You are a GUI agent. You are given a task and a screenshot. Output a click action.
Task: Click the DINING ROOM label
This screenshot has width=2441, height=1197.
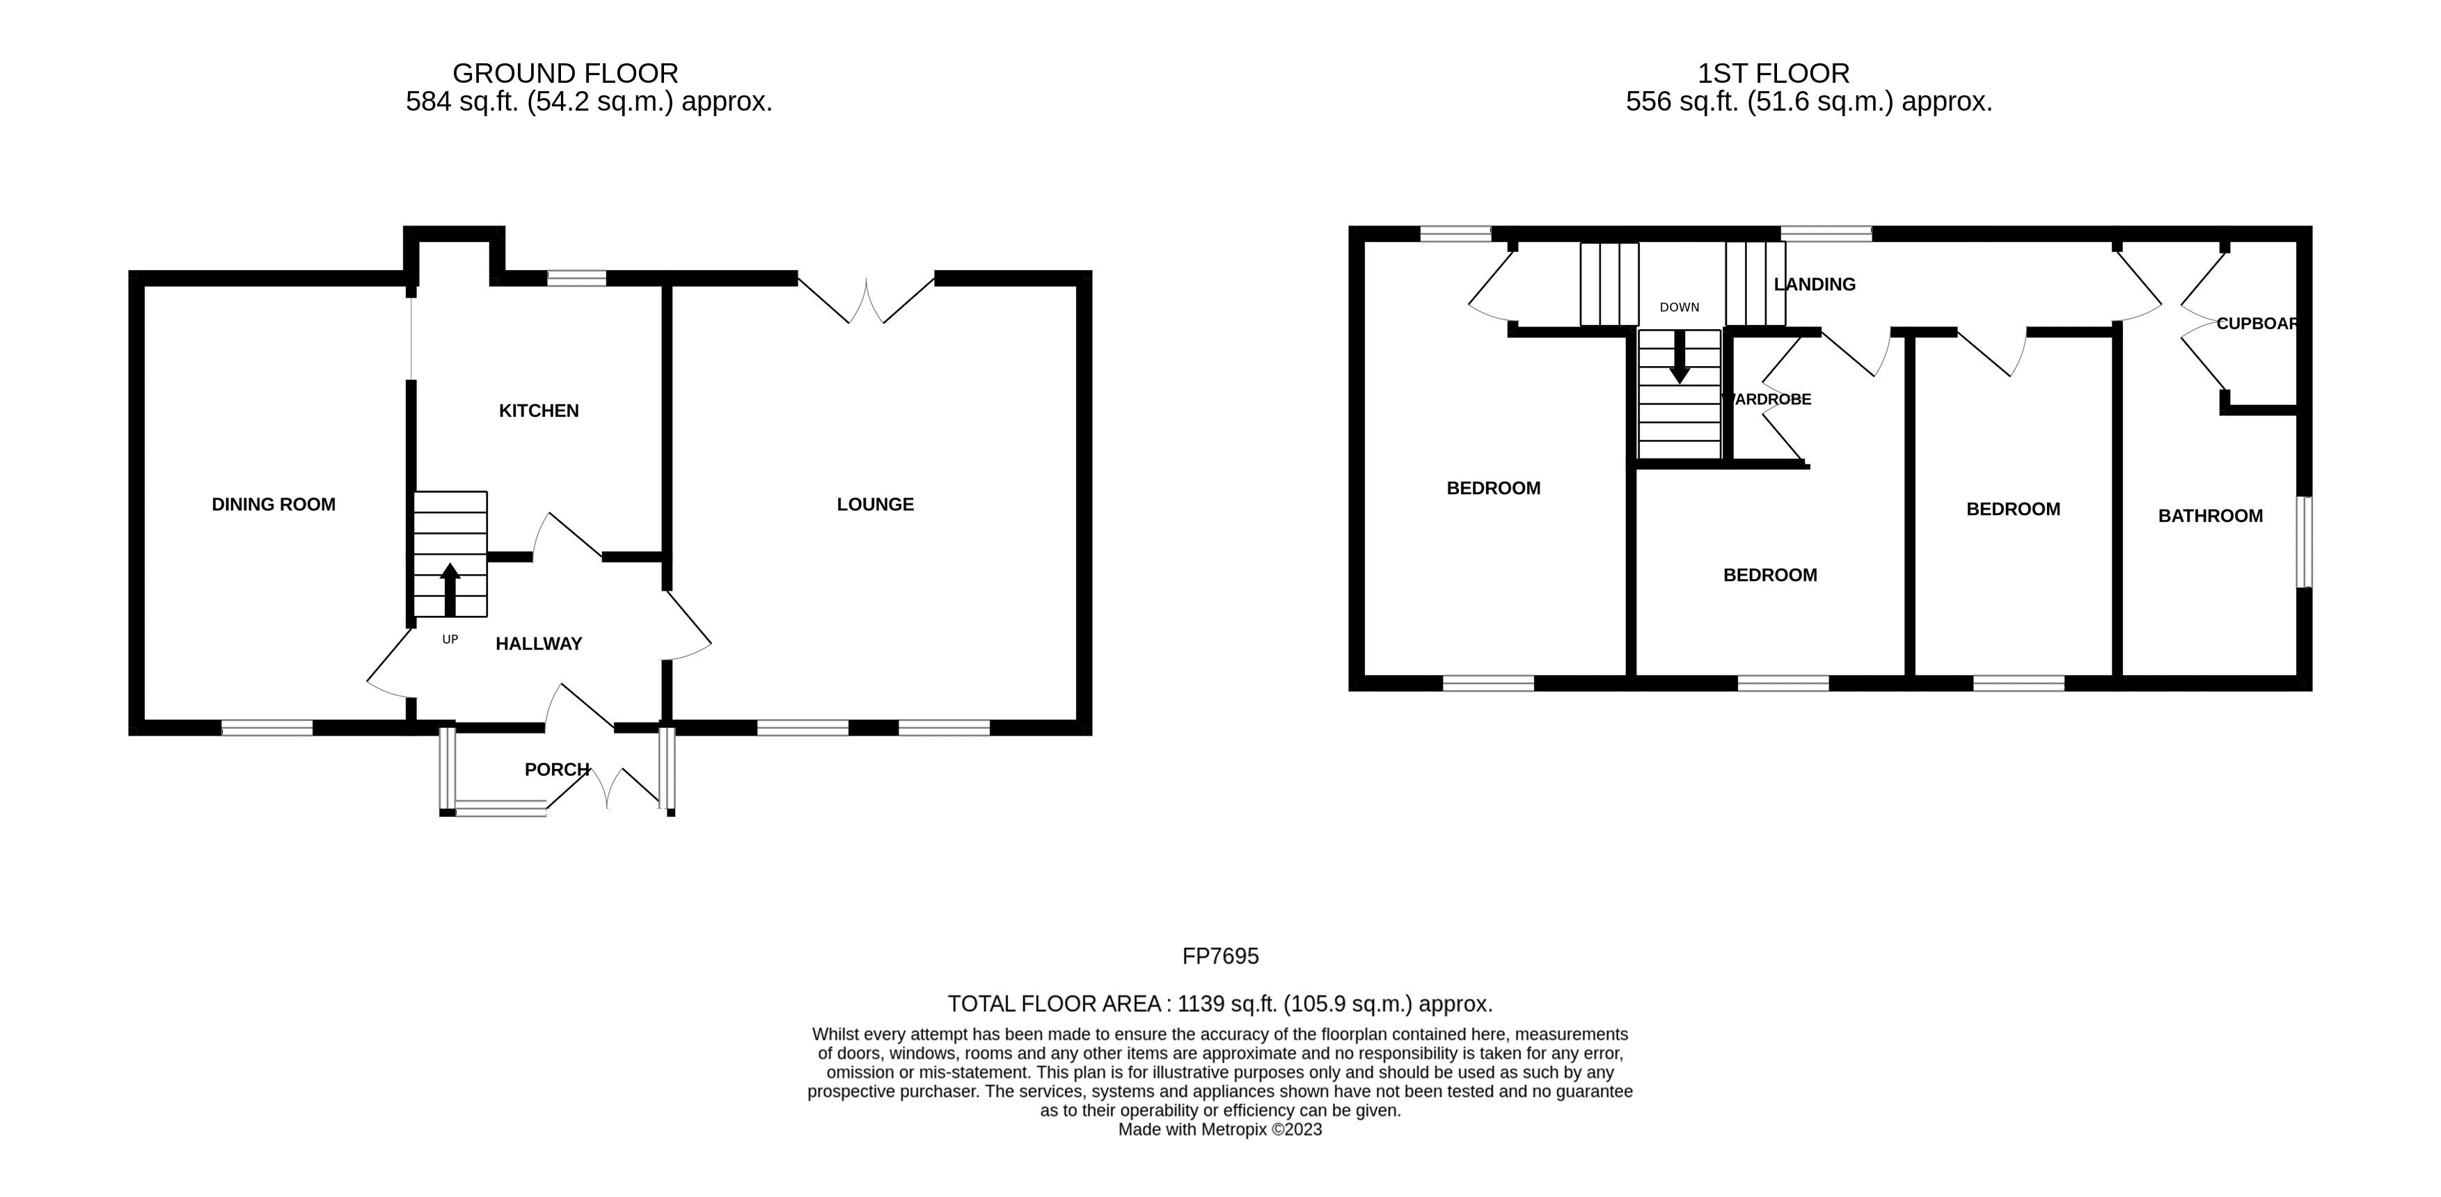273,504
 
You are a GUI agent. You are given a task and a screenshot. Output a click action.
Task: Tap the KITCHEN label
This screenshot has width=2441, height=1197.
538,411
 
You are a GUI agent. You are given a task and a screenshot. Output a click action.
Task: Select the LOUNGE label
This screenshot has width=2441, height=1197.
875,504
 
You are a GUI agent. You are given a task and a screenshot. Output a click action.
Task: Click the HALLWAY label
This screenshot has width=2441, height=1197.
538,644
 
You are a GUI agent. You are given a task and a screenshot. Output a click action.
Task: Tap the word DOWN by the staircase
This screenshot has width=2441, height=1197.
1679,307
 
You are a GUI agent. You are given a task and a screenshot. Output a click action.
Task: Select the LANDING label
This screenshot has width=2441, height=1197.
1814,285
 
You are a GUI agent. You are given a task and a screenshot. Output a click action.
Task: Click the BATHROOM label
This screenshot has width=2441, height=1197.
2210,516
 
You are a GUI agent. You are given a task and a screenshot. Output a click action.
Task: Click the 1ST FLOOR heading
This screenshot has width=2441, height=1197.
1773,73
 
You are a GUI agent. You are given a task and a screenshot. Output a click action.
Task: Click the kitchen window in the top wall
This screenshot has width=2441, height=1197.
576,278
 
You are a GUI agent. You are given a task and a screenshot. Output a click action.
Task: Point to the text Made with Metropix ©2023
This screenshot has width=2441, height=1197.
1219,1129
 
